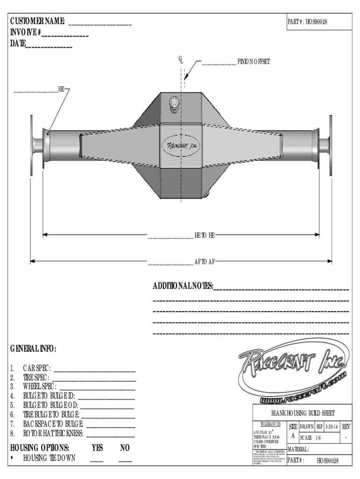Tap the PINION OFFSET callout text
click(253, 62)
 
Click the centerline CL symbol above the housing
click(180, 59)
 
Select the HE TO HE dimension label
click(205, 234)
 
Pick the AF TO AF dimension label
click(205, 261)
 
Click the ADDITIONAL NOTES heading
click(182, 286)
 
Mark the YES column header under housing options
click(97, 448)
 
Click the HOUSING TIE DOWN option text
click(50, 458)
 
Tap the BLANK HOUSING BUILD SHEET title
click(303, 413)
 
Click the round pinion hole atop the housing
click(174, 102)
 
